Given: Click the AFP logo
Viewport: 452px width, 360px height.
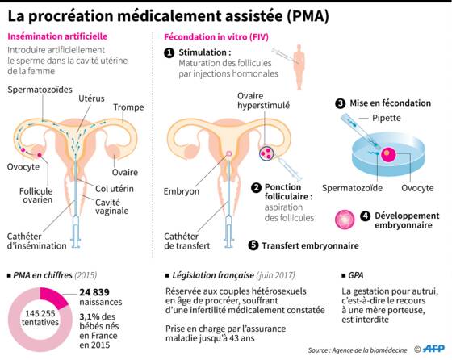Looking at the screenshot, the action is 433,349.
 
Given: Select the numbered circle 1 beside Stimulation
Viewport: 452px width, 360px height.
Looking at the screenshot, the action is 169,53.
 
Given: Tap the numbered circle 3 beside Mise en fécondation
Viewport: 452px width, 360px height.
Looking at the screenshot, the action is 341,103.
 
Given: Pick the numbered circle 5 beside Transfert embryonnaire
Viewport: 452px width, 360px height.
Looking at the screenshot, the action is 253,245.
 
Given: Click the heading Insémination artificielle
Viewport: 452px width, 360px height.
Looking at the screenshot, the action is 57,36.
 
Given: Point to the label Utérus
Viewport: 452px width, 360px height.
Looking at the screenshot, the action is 91,98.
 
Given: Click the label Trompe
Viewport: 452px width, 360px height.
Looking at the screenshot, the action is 128,107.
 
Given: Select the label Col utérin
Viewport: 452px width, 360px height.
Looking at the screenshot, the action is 115,189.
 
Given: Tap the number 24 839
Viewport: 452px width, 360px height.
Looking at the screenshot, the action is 94,292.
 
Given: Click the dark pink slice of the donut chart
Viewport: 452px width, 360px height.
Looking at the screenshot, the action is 53,296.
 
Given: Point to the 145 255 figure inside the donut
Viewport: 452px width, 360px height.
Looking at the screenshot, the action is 40,313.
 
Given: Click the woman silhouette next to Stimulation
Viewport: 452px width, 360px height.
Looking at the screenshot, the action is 299,67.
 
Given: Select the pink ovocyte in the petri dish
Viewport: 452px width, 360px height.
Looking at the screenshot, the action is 388,155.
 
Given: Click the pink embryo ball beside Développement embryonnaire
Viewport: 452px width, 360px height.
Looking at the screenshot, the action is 345,220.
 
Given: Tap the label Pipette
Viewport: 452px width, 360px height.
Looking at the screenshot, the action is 387,118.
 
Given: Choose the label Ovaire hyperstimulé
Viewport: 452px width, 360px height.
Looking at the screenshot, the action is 263,101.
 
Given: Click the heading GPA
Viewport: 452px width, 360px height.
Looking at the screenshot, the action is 356,275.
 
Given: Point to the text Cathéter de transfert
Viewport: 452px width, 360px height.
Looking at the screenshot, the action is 186,241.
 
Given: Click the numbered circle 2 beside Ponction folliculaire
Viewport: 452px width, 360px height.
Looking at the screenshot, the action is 256,188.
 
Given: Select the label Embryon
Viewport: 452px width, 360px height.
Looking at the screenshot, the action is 182,191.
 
